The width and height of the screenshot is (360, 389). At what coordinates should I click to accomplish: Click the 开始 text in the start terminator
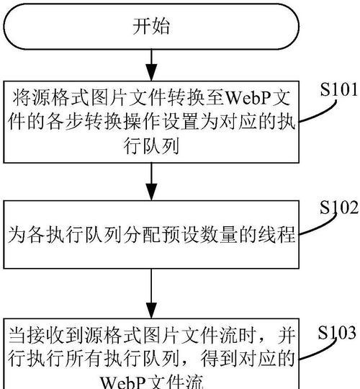point(151,27)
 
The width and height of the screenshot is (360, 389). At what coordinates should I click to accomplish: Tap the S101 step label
point(338,89)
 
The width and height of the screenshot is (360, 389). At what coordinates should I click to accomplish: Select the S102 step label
point(339,207)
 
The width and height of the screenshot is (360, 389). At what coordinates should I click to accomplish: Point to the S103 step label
point(337,332)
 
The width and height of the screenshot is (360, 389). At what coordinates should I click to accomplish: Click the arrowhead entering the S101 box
point(151,72)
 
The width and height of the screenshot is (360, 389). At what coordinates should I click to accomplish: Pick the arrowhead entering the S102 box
point(151,192)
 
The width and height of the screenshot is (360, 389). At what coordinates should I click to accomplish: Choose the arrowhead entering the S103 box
point(151,310)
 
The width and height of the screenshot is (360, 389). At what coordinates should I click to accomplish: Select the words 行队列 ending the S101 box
point(151,146)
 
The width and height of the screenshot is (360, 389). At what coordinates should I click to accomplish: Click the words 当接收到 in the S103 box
point(46,336)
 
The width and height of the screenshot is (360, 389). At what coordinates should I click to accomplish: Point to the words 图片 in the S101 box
point(111,98)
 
